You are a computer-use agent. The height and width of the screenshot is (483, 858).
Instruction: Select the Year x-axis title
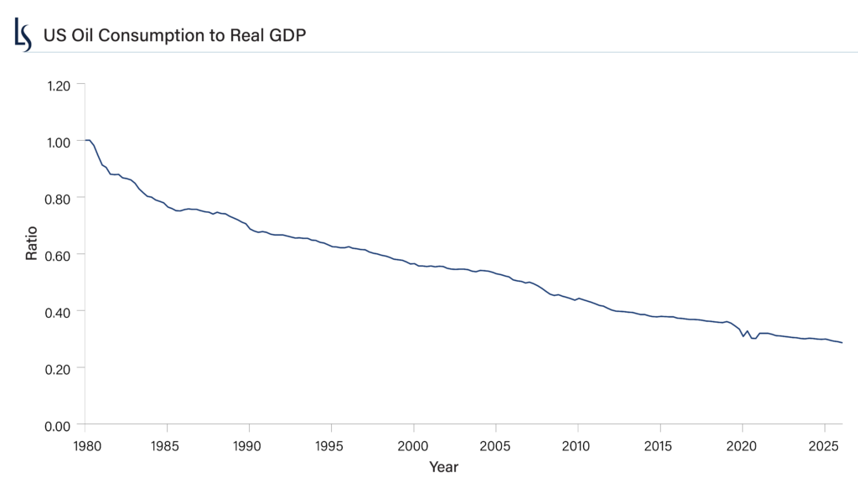click(443, 466)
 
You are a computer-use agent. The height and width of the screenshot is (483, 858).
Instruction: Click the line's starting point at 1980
click(85, 140)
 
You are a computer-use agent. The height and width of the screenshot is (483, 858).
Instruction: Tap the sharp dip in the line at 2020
click(742, 337)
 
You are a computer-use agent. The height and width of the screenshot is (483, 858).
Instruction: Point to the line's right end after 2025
click(842, 343)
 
